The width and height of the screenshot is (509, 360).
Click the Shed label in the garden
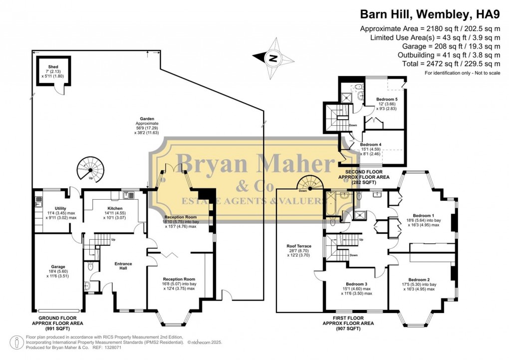pyautogui.click(x=53, y=66)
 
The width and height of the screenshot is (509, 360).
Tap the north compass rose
pyautogui.click(x=273, y=58)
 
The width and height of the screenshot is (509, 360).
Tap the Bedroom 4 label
pyautogui.click(x=370, y=144)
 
